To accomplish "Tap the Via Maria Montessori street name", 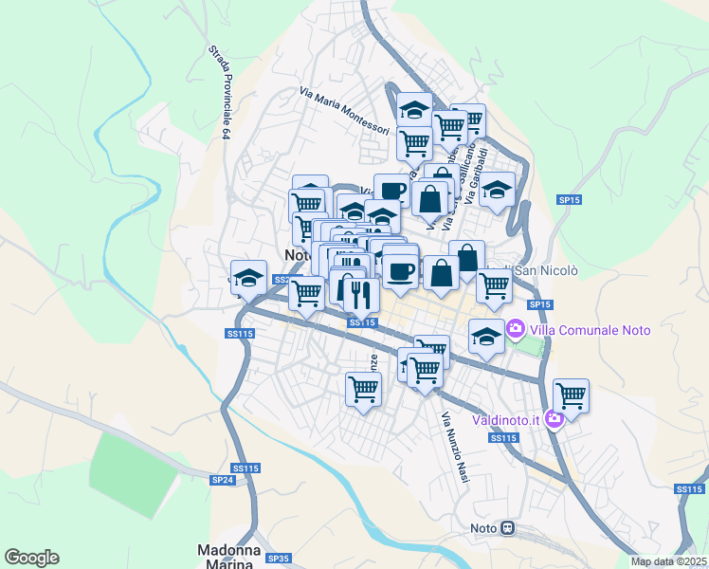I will pyautogui.click(x=344, y=112).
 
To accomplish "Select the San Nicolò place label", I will pyautogui.click(x=545, y=270).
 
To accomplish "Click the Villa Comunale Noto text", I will pyautogui.click(x=590, y=330).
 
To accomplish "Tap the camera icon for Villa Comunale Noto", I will pyautogui.click(x=516, y=330).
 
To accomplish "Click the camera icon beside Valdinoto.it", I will pyautogui.click(x=554, y=417).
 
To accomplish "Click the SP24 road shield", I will pyautogui.click(x=222, y=481).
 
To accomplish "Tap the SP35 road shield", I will pyautogui.click(x=278, y=559).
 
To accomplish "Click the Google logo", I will pyautogui.click(x=31, y=558).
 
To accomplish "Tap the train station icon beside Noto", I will pyautogui.click(x=507, y=528).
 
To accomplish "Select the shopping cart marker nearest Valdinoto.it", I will pyautogui.click(x=571, y=395).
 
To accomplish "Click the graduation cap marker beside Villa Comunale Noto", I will pyautogui.click(x=486, y=337).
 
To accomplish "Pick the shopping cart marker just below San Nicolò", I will pyautogui.click(x=494, y=284).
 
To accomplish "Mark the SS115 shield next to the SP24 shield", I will pyautogui.click(x=245, y=468).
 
